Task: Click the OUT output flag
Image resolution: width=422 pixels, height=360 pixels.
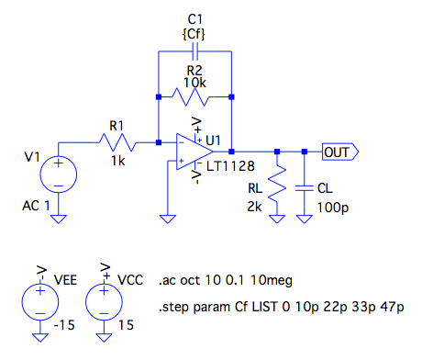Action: point(340,152)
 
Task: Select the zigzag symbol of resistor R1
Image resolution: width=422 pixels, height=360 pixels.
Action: point(117,142)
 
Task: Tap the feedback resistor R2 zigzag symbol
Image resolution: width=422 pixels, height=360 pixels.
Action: point(191,97)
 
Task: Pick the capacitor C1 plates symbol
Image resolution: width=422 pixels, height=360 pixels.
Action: point(194,51)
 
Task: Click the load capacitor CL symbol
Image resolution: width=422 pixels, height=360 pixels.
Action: point(305,187)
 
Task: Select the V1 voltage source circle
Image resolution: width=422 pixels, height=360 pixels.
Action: point(58,174)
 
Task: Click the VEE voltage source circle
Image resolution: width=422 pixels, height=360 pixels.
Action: point(39,302)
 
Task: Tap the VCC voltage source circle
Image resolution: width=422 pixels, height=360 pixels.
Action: point(104,302)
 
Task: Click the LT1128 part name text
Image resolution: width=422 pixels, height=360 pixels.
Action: point(230,166)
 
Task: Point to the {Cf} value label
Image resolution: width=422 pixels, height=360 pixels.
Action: point(194,34)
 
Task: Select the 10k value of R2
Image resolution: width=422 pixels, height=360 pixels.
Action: point(194,83)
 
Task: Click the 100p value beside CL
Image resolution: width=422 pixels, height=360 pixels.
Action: point(333,208)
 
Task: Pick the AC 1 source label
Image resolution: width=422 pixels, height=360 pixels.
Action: point(36,206)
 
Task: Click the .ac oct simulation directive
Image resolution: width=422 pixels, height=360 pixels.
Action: point(226,281)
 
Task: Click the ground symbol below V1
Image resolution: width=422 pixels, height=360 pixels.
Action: point(58,219)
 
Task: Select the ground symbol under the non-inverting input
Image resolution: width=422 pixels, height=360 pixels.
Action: point(168,219)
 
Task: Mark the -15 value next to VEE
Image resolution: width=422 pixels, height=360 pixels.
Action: point(64,325)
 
